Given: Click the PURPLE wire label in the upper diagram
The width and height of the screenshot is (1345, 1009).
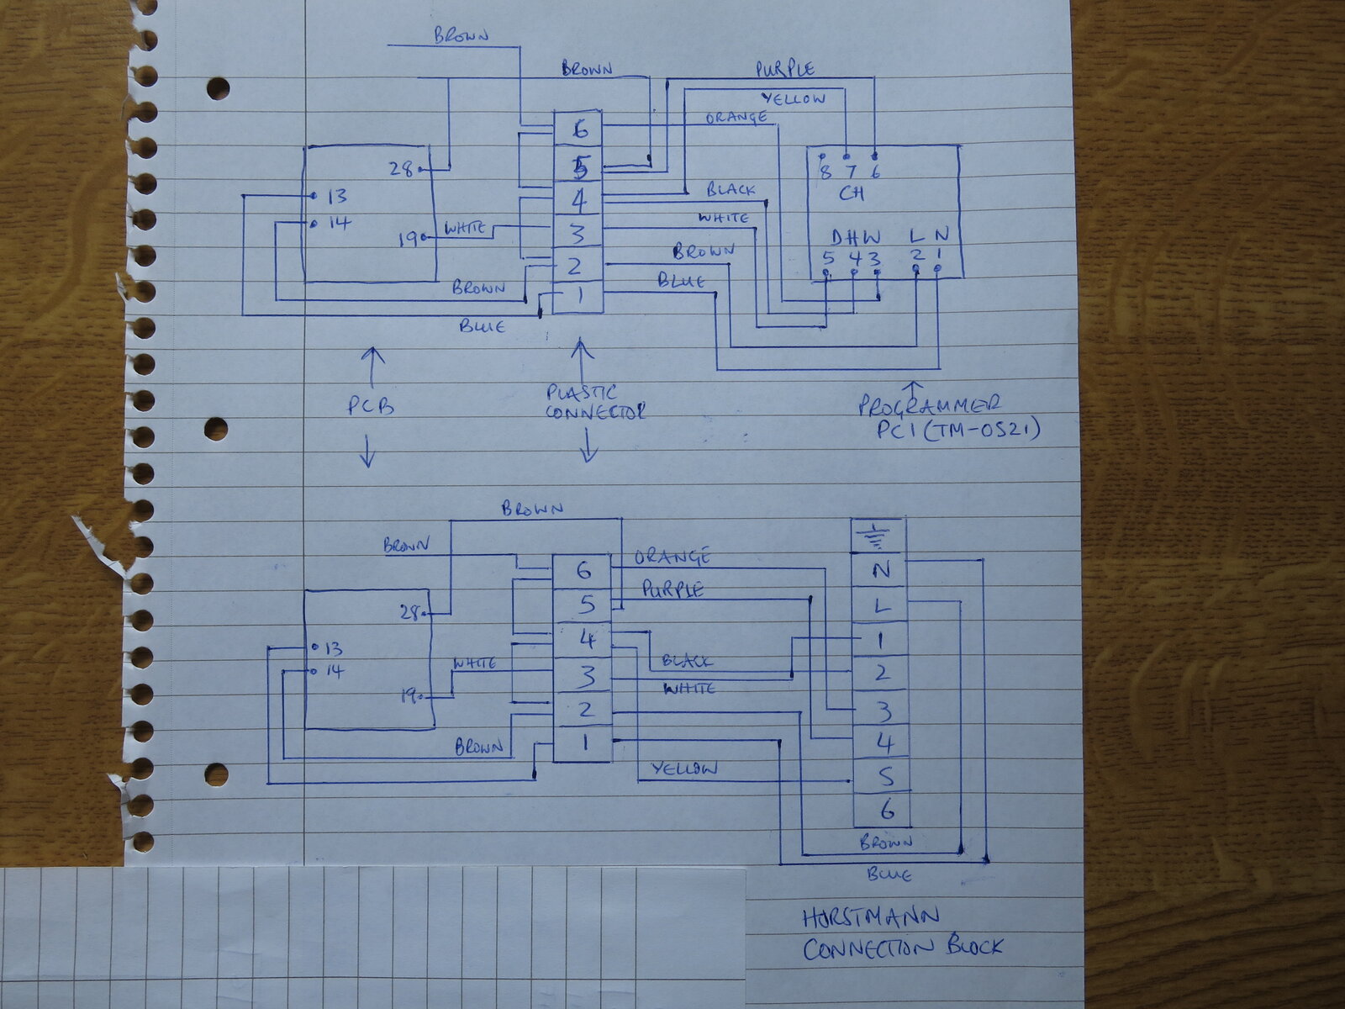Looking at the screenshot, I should pos(784,68).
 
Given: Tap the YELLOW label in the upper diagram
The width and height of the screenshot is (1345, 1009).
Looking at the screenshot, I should pos(794,98).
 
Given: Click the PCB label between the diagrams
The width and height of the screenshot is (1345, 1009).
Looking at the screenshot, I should pos(371,406).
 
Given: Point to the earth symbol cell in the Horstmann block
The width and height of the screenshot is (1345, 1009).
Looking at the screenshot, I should pos(879,535).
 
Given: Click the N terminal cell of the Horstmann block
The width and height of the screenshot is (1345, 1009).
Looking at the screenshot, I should pos(880,571).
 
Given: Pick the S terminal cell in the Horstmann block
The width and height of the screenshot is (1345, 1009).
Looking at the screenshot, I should pos(883,776).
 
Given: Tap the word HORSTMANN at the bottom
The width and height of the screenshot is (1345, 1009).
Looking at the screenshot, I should pos(870,917).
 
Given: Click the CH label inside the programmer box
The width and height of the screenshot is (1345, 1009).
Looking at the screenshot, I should pos(851,193).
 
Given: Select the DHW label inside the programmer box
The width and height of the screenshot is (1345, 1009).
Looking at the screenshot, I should pos(857,237).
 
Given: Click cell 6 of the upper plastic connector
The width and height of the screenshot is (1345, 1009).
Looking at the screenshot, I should pos(578,129).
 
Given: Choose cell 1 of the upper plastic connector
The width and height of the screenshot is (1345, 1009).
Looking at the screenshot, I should pos(578,296).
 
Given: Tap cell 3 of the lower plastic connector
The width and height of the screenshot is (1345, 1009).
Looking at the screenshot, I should pos(585,675).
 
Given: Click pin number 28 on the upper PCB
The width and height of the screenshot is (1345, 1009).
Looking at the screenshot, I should pos(401,168).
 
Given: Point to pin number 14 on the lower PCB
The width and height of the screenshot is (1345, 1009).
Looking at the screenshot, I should pos(334,671).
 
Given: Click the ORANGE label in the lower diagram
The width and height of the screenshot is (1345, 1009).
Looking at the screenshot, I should pos(672,557).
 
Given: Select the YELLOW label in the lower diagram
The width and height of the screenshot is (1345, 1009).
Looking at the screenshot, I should pos(684,769).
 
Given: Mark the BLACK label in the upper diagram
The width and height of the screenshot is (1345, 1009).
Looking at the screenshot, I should pos(730,190).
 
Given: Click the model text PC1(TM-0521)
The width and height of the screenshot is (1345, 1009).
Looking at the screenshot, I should pos(958,431).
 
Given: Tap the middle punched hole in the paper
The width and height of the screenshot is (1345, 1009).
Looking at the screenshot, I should pos(216,429).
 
